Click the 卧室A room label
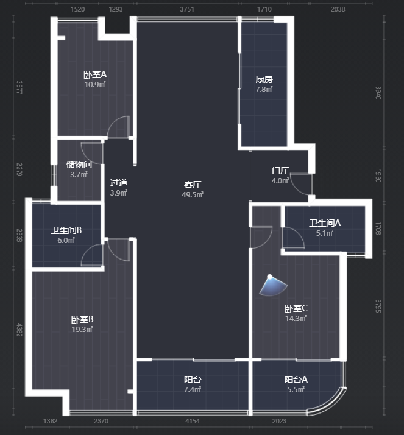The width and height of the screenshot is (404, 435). click(x=95, y=74)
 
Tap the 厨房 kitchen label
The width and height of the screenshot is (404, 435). click(x=264, y=80)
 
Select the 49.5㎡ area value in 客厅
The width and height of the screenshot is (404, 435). click(x=193, y=195)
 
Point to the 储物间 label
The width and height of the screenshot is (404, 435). click(x=79, y=164)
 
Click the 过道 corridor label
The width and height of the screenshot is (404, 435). click(x=119, y=183)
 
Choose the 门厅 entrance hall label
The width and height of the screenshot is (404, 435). click(x=280, y=171)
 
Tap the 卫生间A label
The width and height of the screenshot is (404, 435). click(x=325, y=223)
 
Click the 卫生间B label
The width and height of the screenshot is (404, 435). click(x=66, y=230)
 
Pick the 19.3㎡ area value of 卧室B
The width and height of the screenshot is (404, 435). click(x=82, y=330)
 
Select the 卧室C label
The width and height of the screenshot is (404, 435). click(x=296, y=308)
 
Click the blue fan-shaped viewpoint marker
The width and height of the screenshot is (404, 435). click(x=273, y=285)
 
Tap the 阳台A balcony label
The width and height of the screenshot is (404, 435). click(x=296, y=380)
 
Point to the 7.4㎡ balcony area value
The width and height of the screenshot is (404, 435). click(x=193, y=390)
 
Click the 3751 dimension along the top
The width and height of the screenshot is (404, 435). click(x=187, y=9)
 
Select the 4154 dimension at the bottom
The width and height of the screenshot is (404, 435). click(x=193, y=421)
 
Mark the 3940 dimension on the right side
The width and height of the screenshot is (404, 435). click(x=378, y=93)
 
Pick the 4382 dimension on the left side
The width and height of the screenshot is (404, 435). click(x=19, y=330)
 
